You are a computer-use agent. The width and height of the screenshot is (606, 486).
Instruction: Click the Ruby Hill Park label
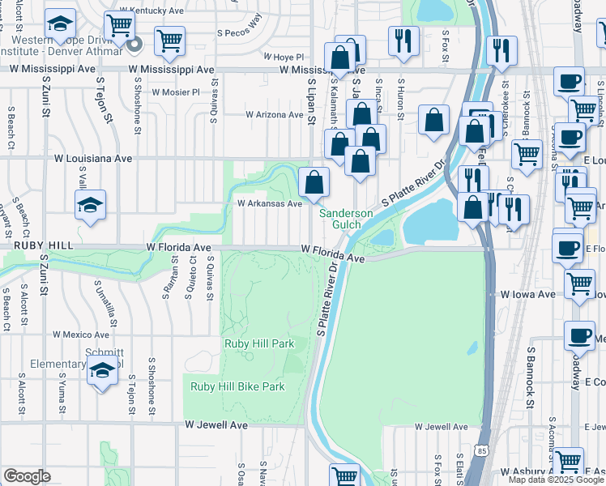pos(259,343)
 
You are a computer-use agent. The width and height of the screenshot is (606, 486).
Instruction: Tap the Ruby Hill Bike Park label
pos(237,386)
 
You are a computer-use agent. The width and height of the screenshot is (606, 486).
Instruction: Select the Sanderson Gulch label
pos(346,219)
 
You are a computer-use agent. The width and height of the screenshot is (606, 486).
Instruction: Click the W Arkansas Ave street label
pos(269,204)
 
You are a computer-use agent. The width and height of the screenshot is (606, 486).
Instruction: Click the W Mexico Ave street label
pos(84,334)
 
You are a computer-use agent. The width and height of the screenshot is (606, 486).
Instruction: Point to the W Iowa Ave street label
pos(527,296)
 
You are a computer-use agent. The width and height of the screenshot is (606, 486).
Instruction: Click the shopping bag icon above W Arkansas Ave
pos(314,181)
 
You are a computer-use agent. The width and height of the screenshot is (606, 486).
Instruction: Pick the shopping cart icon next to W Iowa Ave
pos(579,284)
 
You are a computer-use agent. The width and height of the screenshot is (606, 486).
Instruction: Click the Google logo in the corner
pos(27,476)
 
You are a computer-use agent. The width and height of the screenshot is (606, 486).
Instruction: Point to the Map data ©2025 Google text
pos(555,480)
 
